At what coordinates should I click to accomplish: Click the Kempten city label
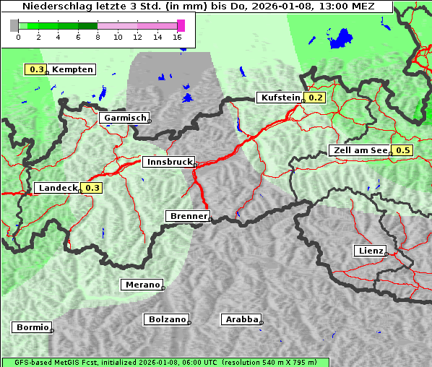pyautogui.click(x=73, y=69)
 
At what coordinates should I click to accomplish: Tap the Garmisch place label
pyautogui.click(x=125, y=118)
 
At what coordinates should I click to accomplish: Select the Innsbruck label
pyautogui.click(x=168, y=163)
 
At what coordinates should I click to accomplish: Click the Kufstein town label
pyautogui.click(x=280, y=98)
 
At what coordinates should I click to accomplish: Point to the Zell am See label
pyautogui.click(x=359, y=150)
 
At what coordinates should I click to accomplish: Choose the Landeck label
pyautogui.click(x=58, y=188)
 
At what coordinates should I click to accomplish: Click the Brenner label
pyautogui.click(x=188, y=216)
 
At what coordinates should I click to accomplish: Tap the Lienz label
pyautogui.click(x=370, y=251)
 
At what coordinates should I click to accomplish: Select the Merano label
pyautogui.click(x=142, y=285)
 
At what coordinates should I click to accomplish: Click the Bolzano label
pyautogui.click(x=167, y=319)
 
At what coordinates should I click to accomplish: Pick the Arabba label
pyautogui.click(x=241, y=319)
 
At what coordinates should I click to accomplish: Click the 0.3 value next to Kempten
pyautogui.click(x=37, y=69)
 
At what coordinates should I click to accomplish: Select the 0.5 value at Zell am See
pyautogui.click(x=402, y=150)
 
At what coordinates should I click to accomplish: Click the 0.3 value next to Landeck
pyautogui.click(x=92, y=188)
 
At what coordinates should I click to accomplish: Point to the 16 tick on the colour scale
pyautogui.click(x=178, y=36)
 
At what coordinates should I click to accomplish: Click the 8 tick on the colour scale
pyautogui.click(x=98, y=36)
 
